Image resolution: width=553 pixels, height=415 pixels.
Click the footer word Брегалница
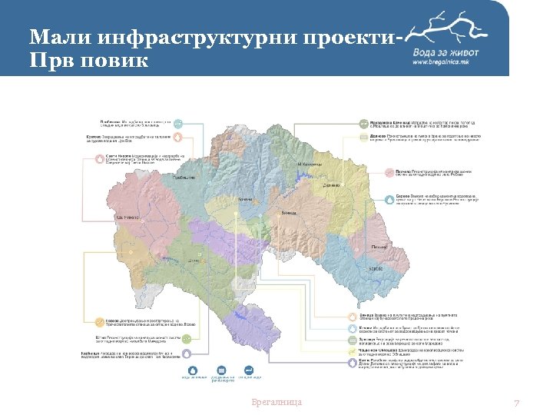(276, 402)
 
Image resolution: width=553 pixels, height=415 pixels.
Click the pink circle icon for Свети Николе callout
(98, 158)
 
